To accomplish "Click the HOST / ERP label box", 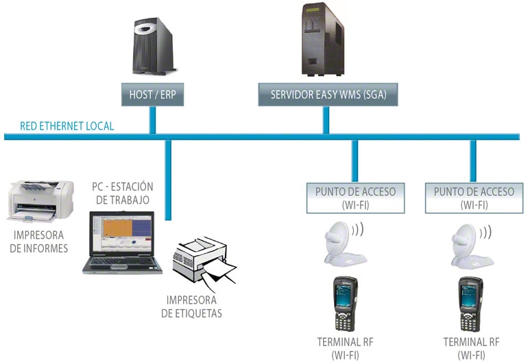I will click(152, 95).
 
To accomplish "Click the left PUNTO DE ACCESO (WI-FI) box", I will click(355, 197).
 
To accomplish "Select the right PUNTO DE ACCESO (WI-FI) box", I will click(470, 197).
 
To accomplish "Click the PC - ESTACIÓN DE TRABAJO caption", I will click(123, 193).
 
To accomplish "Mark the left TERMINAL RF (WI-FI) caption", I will click(346, 348).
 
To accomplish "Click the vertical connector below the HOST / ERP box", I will click(152, 119).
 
